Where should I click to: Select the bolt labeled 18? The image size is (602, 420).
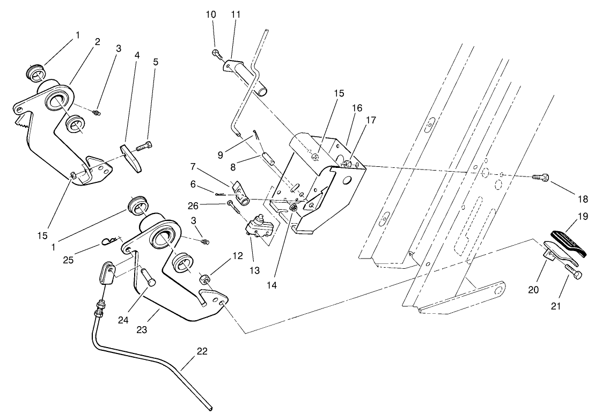click(540, 178)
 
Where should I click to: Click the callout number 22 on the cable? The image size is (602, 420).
click(202, 351)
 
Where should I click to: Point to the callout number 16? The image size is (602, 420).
click(357, 108)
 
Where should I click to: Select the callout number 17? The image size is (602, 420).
click(371, 121)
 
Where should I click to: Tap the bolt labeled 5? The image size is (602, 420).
click(144, 145)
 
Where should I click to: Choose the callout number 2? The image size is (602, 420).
click(98, 41)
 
